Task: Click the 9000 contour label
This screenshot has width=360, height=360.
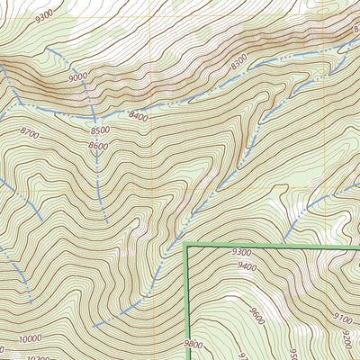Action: tap(76, 77)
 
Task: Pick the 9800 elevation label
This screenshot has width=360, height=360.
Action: tap(193, 344)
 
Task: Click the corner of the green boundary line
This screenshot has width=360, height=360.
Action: tap(186, 244)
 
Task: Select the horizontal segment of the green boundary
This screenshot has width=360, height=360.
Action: tap(270, 244)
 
